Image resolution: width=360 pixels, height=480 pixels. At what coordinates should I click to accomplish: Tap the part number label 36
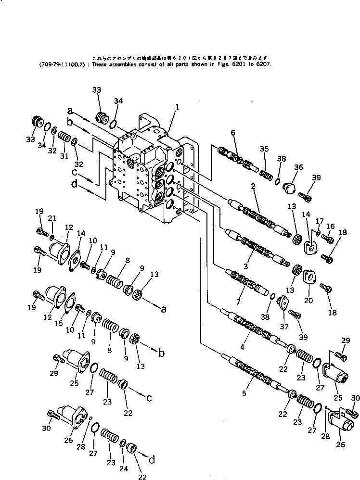click(x=298, y=167)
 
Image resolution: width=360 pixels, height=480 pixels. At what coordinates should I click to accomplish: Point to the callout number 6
click(x=233, y=132)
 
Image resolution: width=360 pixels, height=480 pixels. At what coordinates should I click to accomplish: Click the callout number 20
click(x=308, y=301)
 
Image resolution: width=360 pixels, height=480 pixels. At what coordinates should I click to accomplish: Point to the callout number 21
click(x=52, y=219)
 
